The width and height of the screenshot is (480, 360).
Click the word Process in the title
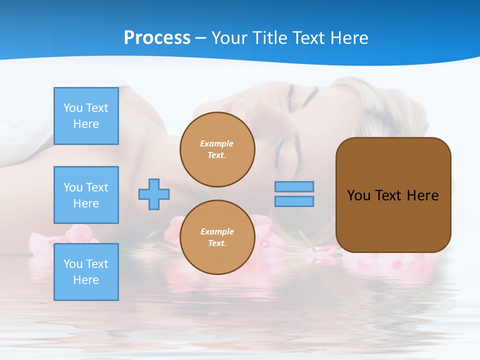pyautogui.click(x=157, y=38)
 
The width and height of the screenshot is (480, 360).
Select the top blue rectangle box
pyautogui.click(x=86, y=116)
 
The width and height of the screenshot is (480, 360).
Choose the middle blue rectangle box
pyautogui.click(x=86, y=195)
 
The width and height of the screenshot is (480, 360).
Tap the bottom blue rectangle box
pyautogui.click(x=86, y=272)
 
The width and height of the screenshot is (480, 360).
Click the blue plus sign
pyautogui.click(x=154, y=194)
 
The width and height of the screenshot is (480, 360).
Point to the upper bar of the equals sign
pyautogui.click(x=294, y=186)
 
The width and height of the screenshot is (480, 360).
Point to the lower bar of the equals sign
pyautogui.click(x=294, y=201)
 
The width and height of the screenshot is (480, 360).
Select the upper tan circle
pyautogui.click(x=217, y=149)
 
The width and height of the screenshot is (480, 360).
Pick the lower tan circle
pyautogui.click(x=217, y=237)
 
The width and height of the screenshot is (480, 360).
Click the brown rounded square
pyautogui.click(x=393, y=195)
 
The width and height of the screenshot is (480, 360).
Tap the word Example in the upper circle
pyautogui.click(x=217, y=143)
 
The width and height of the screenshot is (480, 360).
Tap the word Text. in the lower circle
pyautogui.click(x=217, y=243)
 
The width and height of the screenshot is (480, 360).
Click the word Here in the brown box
pyautogui.click(x=422, y=195)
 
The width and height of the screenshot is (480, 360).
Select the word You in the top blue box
pyautogui.click(x=73, y=108)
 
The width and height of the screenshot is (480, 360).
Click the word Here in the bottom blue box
pyautogui.click(x=86, y=280)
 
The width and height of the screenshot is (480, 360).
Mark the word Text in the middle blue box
pyautogui.click(x=97, y=187)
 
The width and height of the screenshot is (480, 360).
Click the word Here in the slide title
pyautogui.click(x=348, y=38)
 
